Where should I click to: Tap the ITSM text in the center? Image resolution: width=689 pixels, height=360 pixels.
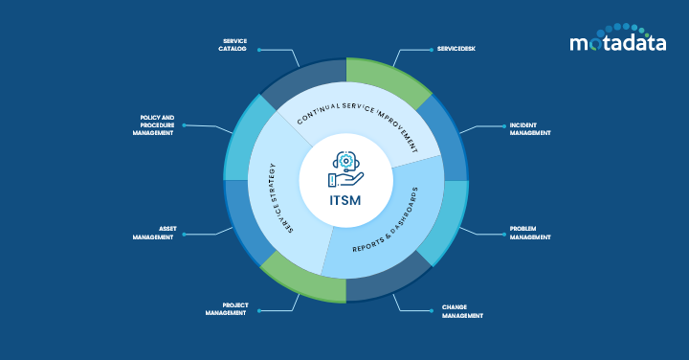tap(345, 201)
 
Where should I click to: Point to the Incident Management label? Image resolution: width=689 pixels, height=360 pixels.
tap(530, 128)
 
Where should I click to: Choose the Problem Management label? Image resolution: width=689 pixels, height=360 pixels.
tap(530, 234)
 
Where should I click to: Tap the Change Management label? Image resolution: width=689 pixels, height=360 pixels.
tap(462, 311)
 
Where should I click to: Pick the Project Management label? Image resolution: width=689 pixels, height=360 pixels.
tap(226, 308)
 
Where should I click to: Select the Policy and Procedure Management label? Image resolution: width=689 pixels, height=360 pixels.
tap(153, 125)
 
